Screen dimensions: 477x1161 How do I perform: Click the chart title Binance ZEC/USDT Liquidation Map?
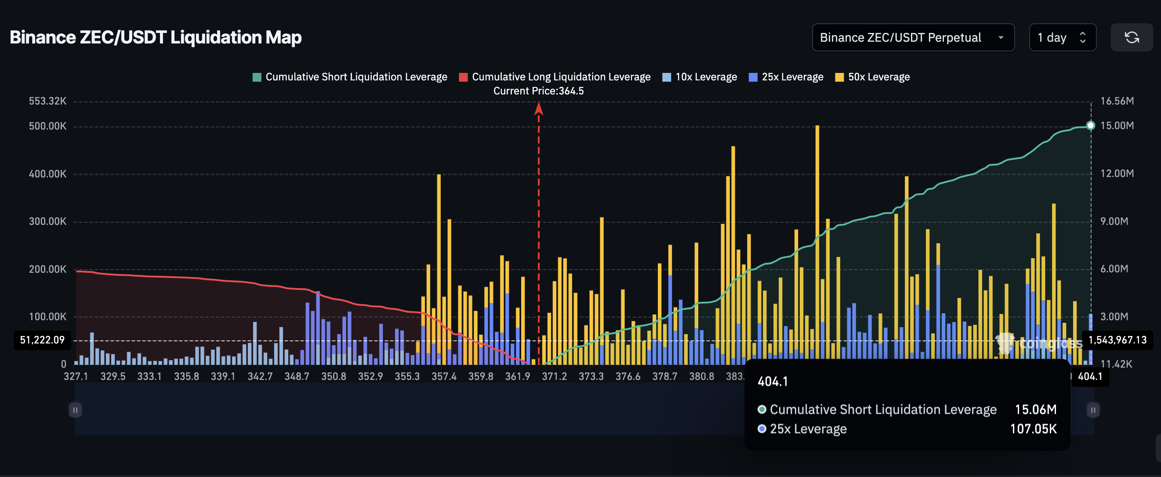click(x=156, y=37)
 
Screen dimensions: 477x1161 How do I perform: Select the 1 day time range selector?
click(x=1062, y=37)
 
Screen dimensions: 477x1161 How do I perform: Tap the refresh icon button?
click(x=1131, y=37)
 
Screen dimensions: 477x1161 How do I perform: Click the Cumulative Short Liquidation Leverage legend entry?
click(x=350, y=77)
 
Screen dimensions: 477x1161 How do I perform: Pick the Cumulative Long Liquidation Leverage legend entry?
click(x=555, y=77)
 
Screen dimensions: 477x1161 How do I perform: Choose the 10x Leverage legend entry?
click(x=700, y=77)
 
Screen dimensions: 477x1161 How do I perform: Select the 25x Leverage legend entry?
click(x=786, y=77)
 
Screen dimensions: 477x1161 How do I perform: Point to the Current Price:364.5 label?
click(x=538, y=91)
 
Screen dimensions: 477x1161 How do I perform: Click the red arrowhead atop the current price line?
click(x=539, y=108)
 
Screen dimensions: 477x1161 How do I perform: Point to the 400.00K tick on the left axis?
click(x=48, y=174)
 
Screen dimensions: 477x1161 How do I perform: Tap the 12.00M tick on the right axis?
click(x=1117, y=174)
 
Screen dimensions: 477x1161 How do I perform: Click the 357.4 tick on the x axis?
click(x=444, y=376)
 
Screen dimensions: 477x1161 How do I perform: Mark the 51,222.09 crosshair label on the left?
click(x=42, y=340)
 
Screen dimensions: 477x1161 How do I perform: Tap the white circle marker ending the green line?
click(x=1090, y=126)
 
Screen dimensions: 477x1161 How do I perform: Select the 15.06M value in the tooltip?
click(x=1035, y=409)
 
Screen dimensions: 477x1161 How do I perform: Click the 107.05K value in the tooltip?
click(x=1033, y=429)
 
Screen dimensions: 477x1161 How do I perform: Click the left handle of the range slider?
click(x=75, y=410)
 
